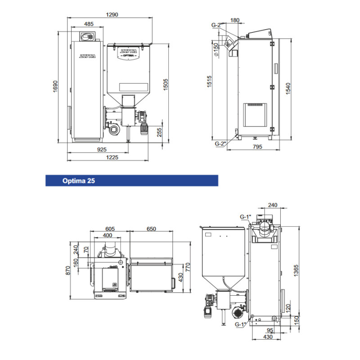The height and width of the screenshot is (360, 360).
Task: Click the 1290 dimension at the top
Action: click(112, 15)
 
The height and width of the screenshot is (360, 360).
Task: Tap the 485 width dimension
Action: click(89, 24)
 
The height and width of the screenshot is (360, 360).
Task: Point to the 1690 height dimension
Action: click(55, 86)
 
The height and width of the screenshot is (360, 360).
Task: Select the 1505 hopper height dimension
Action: click(166, 85)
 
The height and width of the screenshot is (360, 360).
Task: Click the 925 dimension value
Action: click(102, 149)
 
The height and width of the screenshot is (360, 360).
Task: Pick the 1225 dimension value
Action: click(112, 157)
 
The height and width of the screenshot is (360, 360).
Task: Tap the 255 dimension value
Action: click(159, 132)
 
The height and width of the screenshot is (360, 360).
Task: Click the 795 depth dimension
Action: click(257, 147)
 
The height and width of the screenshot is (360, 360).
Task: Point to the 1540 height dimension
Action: click(288, 89)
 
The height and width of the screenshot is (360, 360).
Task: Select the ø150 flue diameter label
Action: click(216, 49)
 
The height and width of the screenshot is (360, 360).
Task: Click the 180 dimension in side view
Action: click(234, 20)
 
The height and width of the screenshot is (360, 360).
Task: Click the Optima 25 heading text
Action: click(78, 181)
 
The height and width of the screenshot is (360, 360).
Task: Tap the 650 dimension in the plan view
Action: click(151, 229)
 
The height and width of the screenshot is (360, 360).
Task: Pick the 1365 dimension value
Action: click(296, 270)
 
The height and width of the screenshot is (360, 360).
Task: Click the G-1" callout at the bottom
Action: click(240, 324)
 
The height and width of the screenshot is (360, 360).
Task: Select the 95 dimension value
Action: click(270, 330)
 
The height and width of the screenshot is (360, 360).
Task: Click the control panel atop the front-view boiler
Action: click(87, 36)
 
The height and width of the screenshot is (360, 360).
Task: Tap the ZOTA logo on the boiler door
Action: click(87, 56)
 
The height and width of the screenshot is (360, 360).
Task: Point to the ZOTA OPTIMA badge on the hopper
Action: click(129, 53)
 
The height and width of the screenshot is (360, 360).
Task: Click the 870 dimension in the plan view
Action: click(68, 270)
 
